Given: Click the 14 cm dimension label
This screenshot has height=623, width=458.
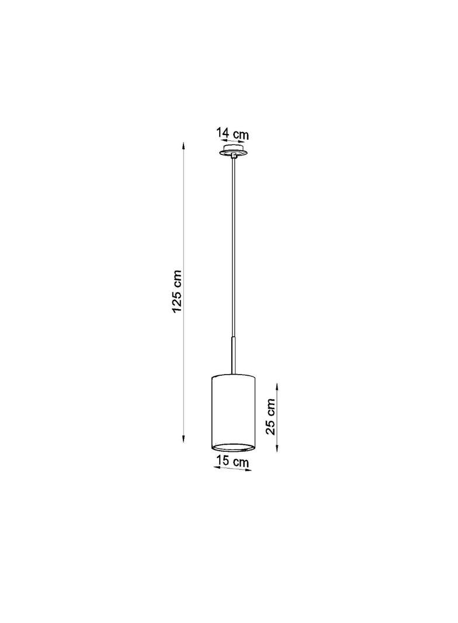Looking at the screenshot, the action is click(233, 133).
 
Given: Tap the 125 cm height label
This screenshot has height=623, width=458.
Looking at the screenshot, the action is click(177, 291).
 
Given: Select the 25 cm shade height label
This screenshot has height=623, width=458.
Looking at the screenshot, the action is click(271, 417).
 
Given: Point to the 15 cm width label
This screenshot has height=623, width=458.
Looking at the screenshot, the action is click(233, 462).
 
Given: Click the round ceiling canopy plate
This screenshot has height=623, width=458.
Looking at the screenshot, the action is click(233, 151).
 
